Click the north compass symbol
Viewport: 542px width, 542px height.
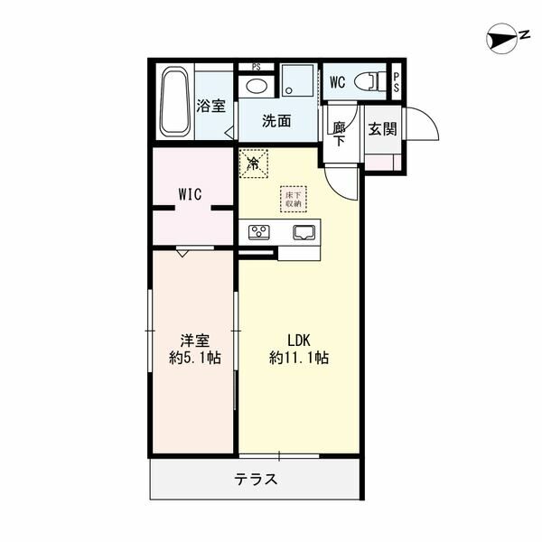(x=501, y=37)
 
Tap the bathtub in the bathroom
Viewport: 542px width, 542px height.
(x=175, y=102)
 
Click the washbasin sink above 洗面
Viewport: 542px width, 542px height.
(x=256, y=87)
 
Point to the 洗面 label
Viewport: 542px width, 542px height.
(x=276, y=121)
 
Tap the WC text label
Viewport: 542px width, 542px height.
(x=337, y=82)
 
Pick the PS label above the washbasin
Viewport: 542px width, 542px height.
(x=257, y=66)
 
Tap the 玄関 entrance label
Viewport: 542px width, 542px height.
(x=382, y=128)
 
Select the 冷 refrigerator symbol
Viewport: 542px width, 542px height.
(x=254, y=164)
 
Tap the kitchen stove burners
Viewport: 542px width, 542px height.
(x=260, y=232)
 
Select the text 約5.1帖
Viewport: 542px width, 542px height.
(x=194, y=358)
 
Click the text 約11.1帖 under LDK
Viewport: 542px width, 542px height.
(x=299, y=358)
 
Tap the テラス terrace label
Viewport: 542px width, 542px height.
(x=256, y=480)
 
